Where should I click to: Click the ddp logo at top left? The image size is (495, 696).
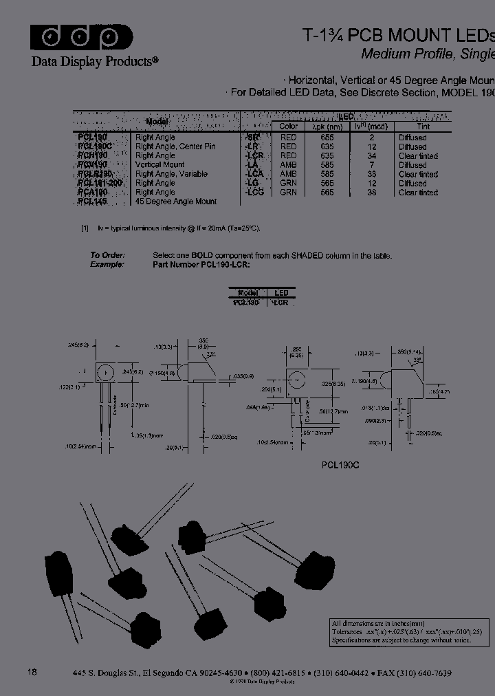(x=81, y=37)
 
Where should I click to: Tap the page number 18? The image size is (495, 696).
(x=32, y=672)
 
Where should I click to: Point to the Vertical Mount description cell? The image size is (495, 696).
(x=159, y=165)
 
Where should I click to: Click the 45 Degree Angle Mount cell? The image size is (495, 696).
(x=176, y=202)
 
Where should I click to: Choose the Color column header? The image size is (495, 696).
(x=289, y=127)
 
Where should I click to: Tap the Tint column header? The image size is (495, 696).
(x=423, y=127)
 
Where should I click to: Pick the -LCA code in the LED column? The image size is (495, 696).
(x=254, y=174)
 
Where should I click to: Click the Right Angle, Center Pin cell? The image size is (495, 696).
(x=175, y=146)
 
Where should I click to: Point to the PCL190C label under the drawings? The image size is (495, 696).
(x=340, y=465)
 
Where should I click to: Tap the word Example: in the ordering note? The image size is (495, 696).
(x=107, y=264)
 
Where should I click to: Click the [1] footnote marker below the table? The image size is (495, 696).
(x=85, y=228)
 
